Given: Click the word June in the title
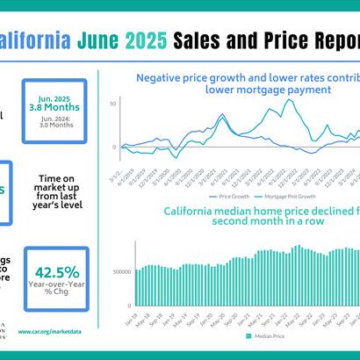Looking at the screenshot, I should (x=99, y=40).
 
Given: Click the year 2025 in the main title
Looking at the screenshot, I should (x=145, y=40).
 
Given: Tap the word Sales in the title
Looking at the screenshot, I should (x=201, y=40).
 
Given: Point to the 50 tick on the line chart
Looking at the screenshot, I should (x=112, y=104).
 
